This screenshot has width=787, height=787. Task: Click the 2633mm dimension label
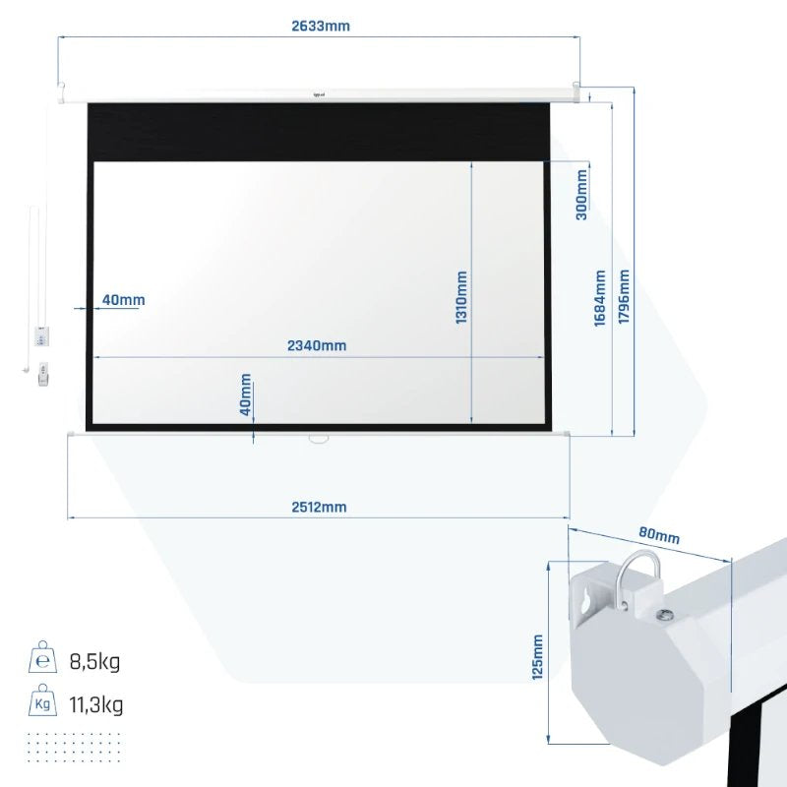[321, 27]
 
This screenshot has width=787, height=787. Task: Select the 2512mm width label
[319, 507]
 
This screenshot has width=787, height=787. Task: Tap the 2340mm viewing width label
[317, 345]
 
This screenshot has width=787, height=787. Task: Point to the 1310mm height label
[461, 300]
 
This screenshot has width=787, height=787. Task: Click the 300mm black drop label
[581, 195]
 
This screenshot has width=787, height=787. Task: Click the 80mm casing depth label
[659, 536]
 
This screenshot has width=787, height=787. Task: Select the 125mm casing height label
[537, 656]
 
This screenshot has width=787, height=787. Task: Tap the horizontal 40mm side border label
[123, 299]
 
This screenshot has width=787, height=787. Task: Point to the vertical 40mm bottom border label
[246, 395]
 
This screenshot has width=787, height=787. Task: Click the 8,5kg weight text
[95, 661]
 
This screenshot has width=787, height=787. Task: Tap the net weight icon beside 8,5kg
[42, 658]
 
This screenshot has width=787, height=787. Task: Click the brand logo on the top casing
[320, 95]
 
